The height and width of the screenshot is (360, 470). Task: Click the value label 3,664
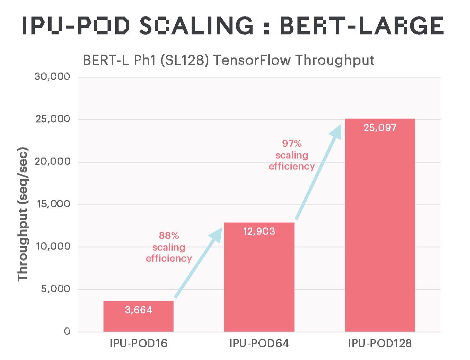pos(138,310)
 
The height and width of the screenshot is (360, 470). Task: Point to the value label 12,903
pos(259,231)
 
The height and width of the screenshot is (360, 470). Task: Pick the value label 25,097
pos(380,128)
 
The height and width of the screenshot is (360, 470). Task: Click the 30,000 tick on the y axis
pos(52,77)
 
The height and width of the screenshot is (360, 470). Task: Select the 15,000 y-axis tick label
pos(53,204)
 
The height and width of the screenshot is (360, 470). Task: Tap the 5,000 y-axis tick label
pos(56,289)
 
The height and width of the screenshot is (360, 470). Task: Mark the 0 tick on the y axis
pos(67,332)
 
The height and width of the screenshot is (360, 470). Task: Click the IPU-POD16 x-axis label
pos(138,344)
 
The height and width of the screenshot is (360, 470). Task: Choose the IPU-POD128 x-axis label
pos(380,344)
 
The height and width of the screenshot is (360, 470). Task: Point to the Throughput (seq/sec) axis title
pos(23,214)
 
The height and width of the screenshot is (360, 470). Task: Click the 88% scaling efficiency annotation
pos(169,247)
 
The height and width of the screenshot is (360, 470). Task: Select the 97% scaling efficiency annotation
pos(291,155)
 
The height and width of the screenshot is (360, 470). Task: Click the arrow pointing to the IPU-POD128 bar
pos(318,172)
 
